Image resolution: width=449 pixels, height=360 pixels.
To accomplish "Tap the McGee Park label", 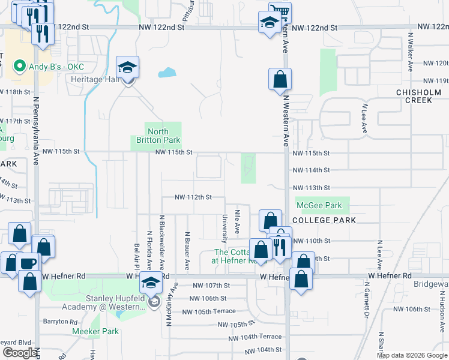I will pyautogui.click(x=319, y=206).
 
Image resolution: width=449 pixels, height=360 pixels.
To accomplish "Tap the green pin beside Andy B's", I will pyautogui.click(x=19, y=65).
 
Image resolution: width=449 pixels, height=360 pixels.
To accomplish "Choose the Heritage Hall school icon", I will pyautogui.click(x=127, y=68).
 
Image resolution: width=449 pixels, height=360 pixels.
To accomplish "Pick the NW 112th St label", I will pyautogui.click(x=193, y=197).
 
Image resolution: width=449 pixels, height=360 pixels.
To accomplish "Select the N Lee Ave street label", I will pyautogui.click(x=364, y=117).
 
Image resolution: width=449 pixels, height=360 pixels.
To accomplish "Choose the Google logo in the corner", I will pyautogui.click(x=20, y=353).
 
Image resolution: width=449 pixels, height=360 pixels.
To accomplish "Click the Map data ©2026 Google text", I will pyautogui.click(x=411, y=355).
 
